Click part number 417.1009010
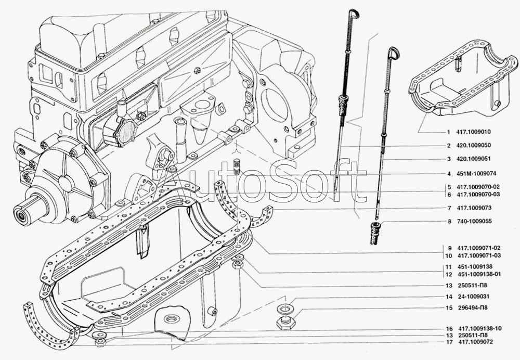coord(475,132)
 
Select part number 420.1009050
coord(475,146)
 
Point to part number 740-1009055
coord(475,221)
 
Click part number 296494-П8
coord(474,308)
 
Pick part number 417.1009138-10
coord(480,328)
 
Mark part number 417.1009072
coord(475,343)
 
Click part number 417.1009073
coord(475,208)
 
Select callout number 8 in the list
coord(449,221)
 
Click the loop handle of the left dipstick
coord(354,14)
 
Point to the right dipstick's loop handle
coord(394,53)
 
